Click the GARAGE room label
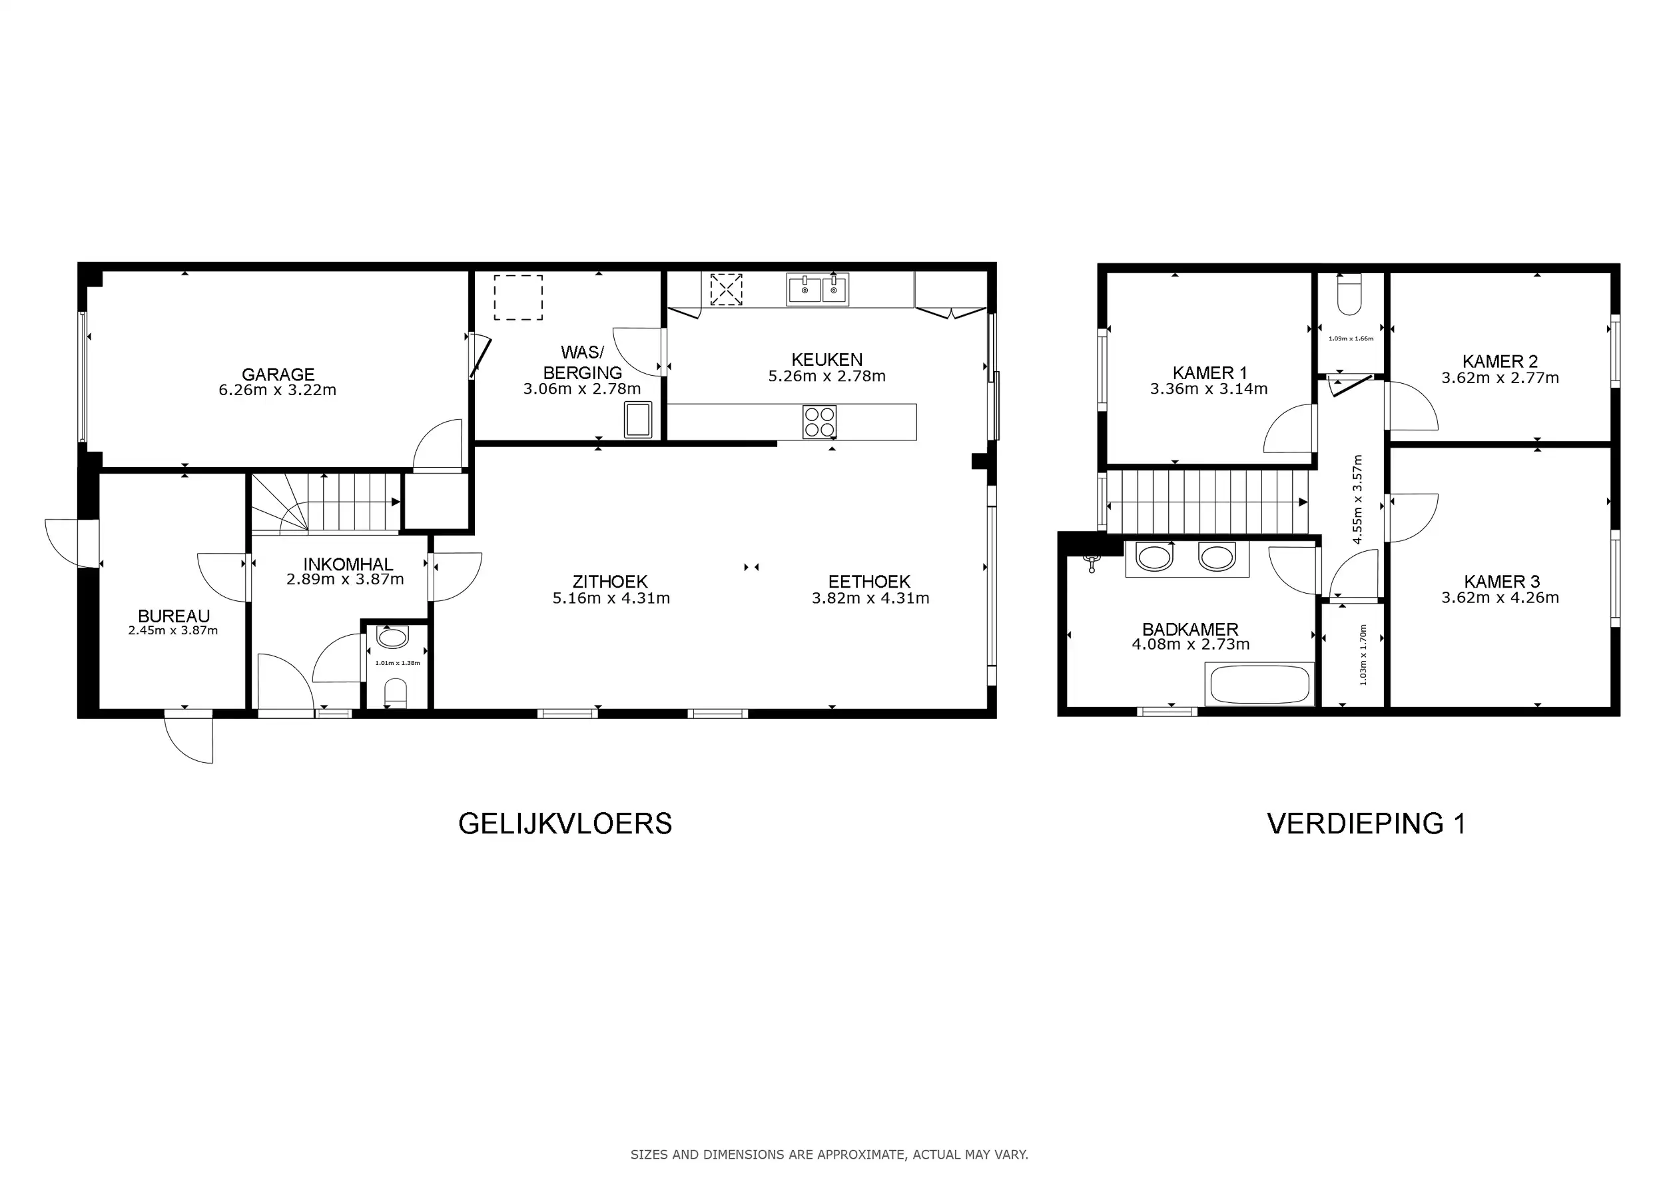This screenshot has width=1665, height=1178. (278, 374)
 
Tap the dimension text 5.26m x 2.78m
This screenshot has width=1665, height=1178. (827, 376)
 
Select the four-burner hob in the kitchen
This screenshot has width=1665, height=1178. (819, 422)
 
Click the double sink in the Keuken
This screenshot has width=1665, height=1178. (817, 289)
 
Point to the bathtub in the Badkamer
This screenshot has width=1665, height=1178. (1259, 684)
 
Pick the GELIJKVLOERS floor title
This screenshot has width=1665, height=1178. (565, 824)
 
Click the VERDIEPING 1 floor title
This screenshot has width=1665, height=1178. (1366, 824)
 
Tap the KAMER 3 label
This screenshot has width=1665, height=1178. (1501, 582)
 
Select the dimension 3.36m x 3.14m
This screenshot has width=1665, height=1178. (1209, 389)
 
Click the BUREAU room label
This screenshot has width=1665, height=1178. (174, 616)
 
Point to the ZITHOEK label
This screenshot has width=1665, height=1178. (610, 582)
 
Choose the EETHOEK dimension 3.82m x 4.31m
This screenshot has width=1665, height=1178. (870, 598)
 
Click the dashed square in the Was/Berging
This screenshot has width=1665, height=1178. (519, 297)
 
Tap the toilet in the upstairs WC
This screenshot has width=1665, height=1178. (1349, 294)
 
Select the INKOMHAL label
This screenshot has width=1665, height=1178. (348, 564)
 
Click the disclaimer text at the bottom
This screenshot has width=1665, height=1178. (829, 1154)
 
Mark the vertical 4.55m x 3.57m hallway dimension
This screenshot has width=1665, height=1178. (1357, 499)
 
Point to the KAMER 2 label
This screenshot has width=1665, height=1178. (1500, 361)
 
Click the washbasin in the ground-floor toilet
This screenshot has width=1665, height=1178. (392, 638)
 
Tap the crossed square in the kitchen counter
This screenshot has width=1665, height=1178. (726, 289)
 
